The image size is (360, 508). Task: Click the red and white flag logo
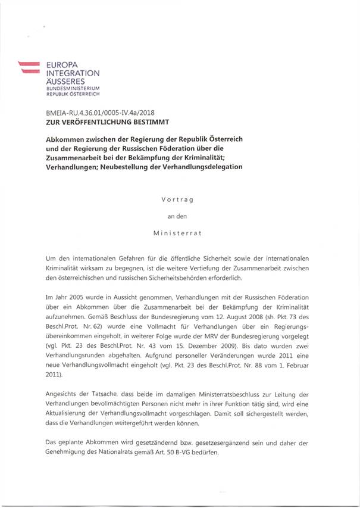(x=27, y=67)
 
